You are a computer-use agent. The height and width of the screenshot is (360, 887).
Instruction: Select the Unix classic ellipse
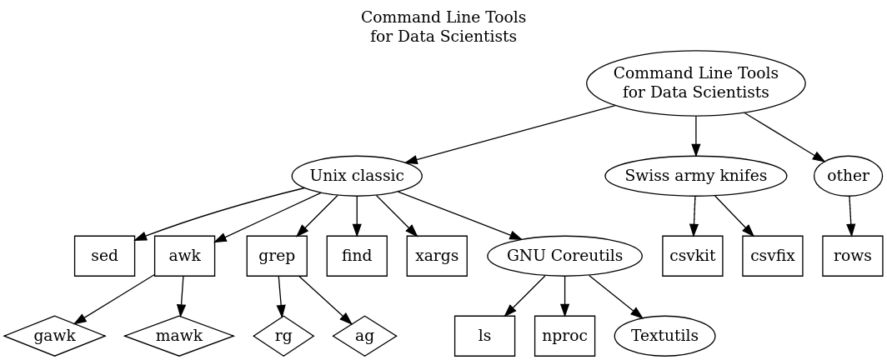point(357,176)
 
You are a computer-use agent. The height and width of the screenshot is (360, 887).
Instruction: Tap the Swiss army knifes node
point(695,176)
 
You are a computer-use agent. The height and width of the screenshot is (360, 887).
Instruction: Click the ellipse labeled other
point(849,176)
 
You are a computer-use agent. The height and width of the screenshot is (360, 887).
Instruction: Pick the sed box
point(104,256)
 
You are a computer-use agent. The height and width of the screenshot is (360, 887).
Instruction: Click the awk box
point(184,256)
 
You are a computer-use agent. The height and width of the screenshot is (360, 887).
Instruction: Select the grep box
point(277,256)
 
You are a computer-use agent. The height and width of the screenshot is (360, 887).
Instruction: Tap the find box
point(357,256)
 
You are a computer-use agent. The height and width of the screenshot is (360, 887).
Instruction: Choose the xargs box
point(437,256)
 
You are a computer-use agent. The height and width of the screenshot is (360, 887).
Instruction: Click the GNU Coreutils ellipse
point(564,256)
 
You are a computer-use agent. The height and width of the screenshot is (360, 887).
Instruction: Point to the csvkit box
point(693,256)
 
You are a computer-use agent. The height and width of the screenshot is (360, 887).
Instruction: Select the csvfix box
point(773,256)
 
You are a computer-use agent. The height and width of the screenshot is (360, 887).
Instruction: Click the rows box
point(853,256)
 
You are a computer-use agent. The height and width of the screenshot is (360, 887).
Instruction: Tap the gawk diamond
point(54,336)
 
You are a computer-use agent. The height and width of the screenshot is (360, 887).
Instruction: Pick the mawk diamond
point(178,336)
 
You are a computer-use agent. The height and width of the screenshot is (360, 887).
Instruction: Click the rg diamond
point(284,336)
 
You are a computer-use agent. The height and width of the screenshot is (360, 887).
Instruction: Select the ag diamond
point(364,336)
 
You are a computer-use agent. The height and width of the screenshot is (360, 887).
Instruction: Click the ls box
point(484,336)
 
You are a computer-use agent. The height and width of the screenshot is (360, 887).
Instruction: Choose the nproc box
point(564,336)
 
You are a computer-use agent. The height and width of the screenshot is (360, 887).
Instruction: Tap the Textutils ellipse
point(664,336)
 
